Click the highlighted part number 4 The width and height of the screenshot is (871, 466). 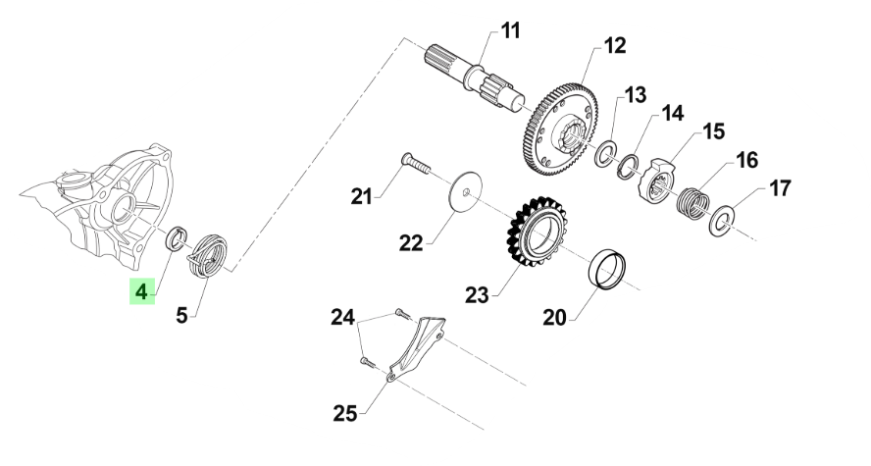click(142, 291)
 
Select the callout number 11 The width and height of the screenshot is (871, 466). click(510, 30)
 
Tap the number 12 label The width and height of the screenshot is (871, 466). click(614, 45)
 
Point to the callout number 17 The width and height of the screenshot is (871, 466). click(780, 188)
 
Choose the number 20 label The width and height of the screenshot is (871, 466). click(554, 318)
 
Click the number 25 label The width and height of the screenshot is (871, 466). click(345, 413)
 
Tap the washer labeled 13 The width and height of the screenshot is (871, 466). click(606, 154)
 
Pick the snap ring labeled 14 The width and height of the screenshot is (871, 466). click(629, 166)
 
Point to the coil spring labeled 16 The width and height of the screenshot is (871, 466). click(692, 202)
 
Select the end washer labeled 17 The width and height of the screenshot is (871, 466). click(723, 220)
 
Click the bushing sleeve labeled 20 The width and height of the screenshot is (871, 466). click(607, 270)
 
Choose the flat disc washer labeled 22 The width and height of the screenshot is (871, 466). click(464, 191)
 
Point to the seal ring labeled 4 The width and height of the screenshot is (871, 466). click(177, 238)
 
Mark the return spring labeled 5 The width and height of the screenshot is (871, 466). click(208, 255)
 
